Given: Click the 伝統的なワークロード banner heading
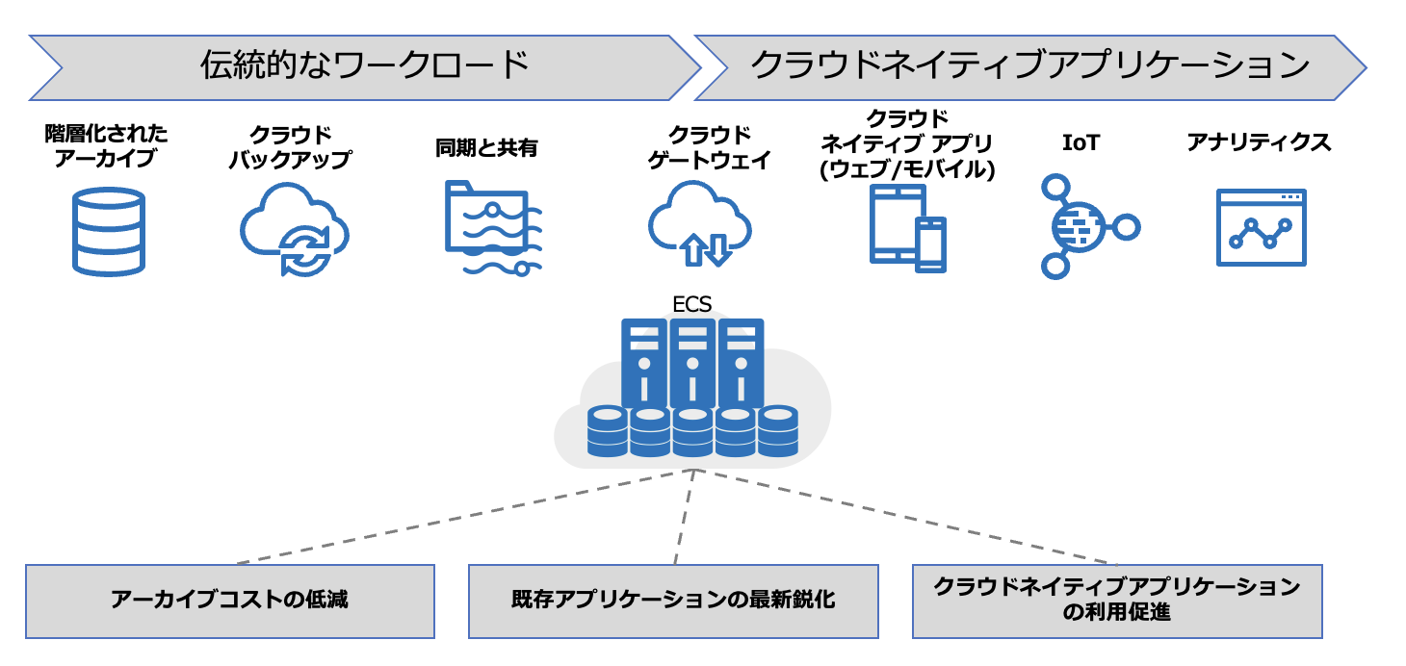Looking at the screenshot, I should point(365,65).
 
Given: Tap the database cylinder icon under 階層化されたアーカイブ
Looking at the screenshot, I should point(108,231).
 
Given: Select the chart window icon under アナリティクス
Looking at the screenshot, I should point(1261,227).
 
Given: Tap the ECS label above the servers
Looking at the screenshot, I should point(691,305).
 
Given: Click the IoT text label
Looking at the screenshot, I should point(1080,143).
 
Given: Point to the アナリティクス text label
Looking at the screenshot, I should point(1259,143).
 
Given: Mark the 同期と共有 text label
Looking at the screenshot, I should point(486,148).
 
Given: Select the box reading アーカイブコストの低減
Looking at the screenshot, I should point(229,601).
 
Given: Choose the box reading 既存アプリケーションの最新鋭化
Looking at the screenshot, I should point(673,601).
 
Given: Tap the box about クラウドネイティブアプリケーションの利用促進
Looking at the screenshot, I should point(1117,601).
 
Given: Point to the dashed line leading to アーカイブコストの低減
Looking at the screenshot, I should point(462,518).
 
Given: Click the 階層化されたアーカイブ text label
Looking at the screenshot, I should point(106,144).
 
